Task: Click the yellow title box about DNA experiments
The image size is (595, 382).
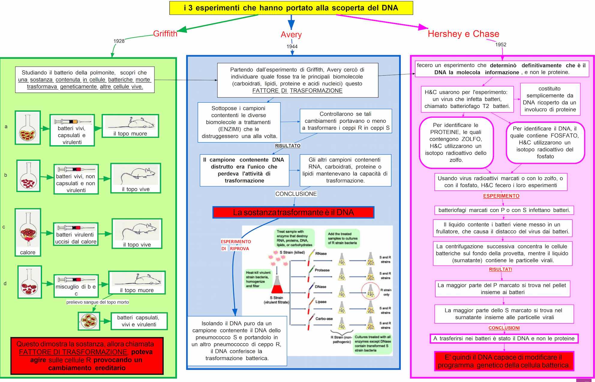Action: point(291,8)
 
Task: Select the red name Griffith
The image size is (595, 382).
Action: point(165,34)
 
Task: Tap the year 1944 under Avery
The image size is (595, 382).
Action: point(292,47)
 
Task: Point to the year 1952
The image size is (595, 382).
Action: point(501,44)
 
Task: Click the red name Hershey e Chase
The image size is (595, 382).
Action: point(463,34)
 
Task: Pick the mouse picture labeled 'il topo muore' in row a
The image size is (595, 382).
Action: point(130,126)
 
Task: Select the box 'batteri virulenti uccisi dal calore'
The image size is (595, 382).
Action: point(76,234)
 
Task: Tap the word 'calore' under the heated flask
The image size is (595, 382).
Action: point(28,252)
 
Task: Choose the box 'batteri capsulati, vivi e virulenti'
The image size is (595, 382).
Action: point(139,321)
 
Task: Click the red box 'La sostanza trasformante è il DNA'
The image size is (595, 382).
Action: point(293,212)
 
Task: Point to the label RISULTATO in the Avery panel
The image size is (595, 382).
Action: point(288,146)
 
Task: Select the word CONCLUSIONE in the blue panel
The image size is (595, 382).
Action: point(296,194)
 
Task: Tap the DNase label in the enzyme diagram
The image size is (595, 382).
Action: point(320,287)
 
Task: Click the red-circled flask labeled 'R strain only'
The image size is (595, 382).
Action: point(370,291)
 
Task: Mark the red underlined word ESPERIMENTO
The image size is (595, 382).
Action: point(501,196)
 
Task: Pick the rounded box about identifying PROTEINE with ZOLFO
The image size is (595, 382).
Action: point(456,143)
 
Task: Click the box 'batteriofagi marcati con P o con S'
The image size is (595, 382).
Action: point(504,210)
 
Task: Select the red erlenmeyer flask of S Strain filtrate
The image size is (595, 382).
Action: point(277,286)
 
